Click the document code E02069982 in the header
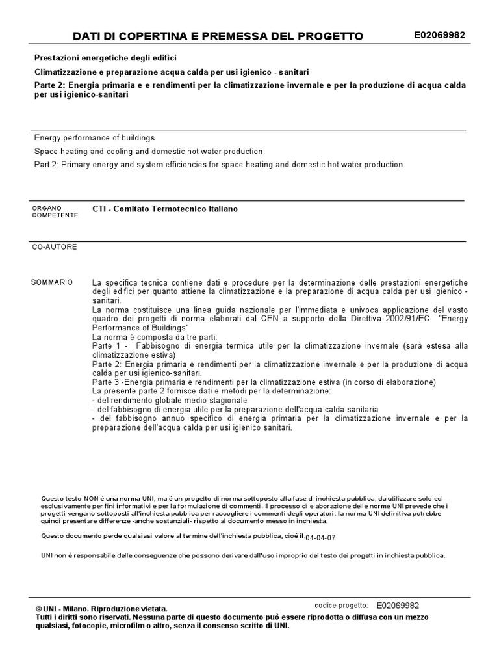439,35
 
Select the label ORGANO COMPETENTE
55,211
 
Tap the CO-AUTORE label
55,247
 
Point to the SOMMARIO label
52,282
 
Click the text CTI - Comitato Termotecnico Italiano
165,209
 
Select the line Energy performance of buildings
94,138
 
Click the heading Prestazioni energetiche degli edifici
105,58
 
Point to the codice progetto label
341,605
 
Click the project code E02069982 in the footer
398,605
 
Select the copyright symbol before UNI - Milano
39,609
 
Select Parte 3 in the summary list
107,382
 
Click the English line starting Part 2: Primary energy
218,165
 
